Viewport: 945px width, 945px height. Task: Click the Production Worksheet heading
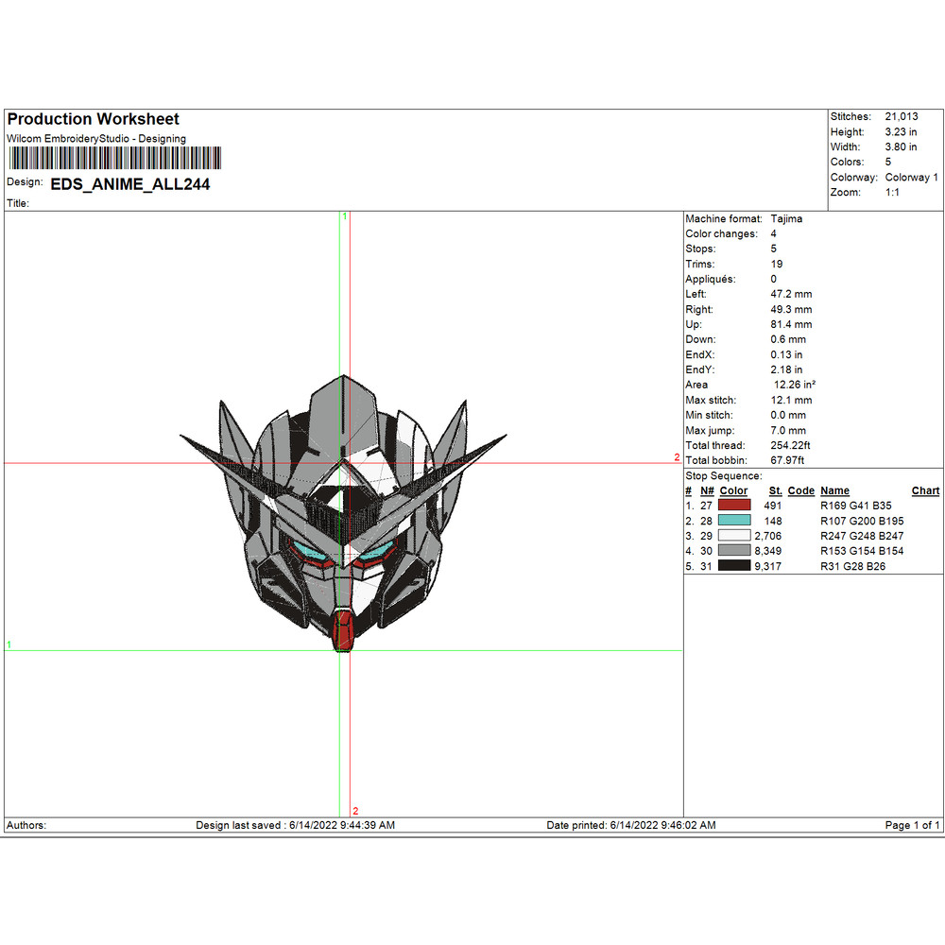(93, 120)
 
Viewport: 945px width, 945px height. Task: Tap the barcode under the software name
(112, 160)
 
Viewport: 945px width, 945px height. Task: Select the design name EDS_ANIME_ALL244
(129, 185)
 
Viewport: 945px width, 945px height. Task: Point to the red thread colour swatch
(734, 506)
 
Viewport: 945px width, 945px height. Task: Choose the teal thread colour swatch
(734, 521)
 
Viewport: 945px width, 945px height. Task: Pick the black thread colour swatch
(734, 566)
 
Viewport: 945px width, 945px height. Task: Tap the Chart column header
(925, 490)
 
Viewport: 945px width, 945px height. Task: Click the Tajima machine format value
(787, 219)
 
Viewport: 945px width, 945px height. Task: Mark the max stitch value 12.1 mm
(788, 401)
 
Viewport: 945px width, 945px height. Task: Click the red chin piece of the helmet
(345, 629)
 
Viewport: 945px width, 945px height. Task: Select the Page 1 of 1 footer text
(912, 826)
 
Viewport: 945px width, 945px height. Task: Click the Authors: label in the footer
(26, 826)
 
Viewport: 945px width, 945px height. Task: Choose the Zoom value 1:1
(892, 193)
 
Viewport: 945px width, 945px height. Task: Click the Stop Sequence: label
(723, 476)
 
